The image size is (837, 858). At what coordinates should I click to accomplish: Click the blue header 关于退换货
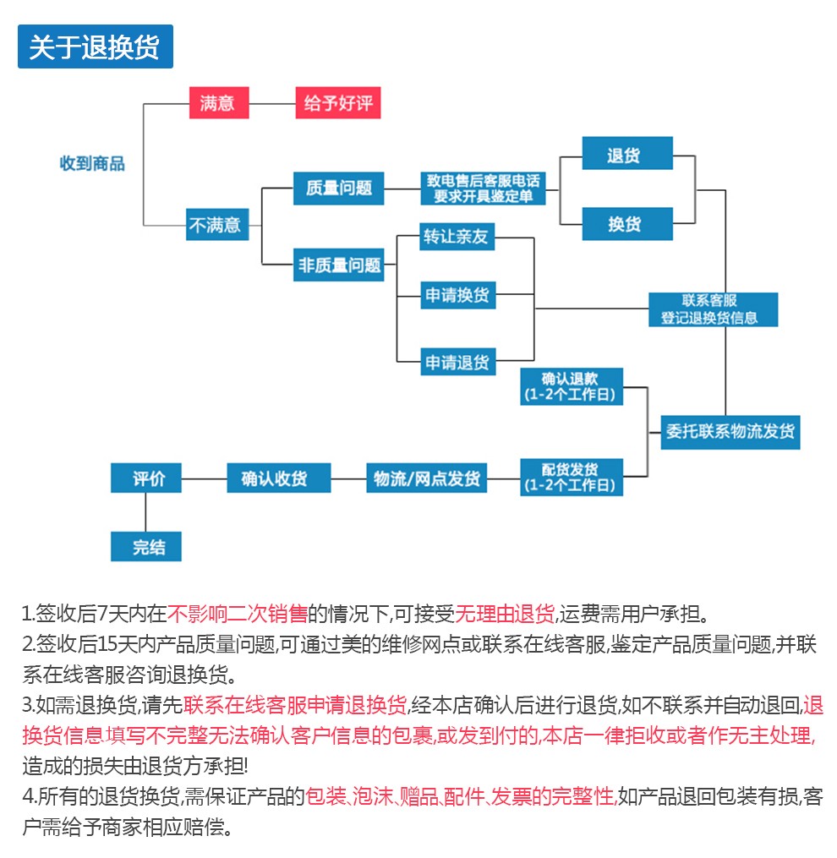(96, 46)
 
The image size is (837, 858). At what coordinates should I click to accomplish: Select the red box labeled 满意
(219, 102)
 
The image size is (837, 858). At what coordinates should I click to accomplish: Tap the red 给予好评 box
(337, 102)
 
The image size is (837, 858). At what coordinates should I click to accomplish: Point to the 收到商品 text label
(92, 164)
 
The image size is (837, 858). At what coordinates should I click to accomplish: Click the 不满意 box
(217, 224)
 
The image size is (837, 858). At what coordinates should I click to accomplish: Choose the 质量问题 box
(338, 189)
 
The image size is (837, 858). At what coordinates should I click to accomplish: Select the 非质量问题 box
(338, 265)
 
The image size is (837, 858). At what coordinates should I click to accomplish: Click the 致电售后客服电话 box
(483, 189)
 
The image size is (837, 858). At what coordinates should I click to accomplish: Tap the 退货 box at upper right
(627, 153)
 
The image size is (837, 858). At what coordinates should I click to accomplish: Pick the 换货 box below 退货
(627, 224)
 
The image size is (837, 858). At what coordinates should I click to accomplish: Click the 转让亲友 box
(457, 237)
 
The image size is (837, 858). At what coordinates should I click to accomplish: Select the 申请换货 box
(457, 296)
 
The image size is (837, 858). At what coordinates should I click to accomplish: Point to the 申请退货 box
(457, 362)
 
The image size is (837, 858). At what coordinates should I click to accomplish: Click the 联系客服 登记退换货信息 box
(714, 309)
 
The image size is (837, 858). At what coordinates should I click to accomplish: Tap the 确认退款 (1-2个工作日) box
(572, 386)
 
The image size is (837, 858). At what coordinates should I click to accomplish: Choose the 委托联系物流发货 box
(730, 432)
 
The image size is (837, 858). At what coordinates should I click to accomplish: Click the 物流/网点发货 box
(426, 478)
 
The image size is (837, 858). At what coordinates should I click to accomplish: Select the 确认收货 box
(279, 478)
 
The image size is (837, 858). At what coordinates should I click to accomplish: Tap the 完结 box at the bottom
(146, 546)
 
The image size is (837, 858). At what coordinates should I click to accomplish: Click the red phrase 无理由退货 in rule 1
(505, 614)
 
